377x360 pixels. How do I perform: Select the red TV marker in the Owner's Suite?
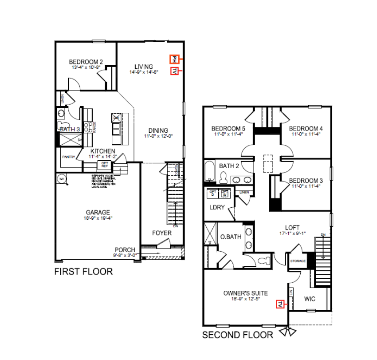point(280,304)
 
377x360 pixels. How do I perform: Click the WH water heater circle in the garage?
point(60,178)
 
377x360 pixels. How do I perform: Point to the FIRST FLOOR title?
point(83,272)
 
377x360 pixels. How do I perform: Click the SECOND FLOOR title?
point(238,335)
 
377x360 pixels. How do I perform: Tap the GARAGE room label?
point(98,212)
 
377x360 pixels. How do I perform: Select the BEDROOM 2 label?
point(86,62)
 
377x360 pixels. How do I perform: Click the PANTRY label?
point(68,157)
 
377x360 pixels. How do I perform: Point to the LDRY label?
point(217,207)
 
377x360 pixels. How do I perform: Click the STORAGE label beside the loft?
point(298,261)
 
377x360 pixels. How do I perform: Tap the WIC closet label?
point(310,299)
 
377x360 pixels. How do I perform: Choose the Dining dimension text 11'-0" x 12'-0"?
point(158,137)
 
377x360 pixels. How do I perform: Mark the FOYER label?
point(161,233)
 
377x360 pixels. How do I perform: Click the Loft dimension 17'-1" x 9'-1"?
point(290,233)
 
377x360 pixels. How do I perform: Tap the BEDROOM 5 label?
point(228,129)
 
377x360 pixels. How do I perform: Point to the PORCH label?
point(125,250)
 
